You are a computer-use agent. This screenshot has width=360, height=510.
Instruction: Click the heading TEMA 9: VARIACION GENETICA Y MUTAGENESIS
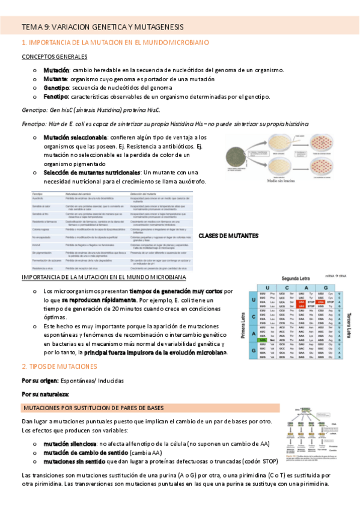pyautogui.click(x=102, y=27)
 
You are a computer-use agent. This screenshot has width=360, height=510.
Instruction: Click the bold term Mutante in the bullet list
pyautogui.click(x=55, y=79)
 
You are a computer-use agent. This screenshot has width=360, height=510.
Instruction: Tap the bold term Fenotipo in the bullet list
pyautogui.click(x=55, y=96)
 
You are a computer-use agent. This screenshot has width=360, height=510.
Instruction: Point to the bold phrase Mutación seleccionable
pyautogui.click(x=75, y=138)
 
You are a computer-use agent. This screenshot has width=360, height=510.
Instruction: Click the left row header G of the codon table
pyautogui.click(x=254, y=351)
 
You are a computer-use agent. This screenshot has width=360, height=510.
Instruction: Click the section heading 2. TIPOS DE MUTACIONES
pyautogui.click(x=58, y=366)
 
